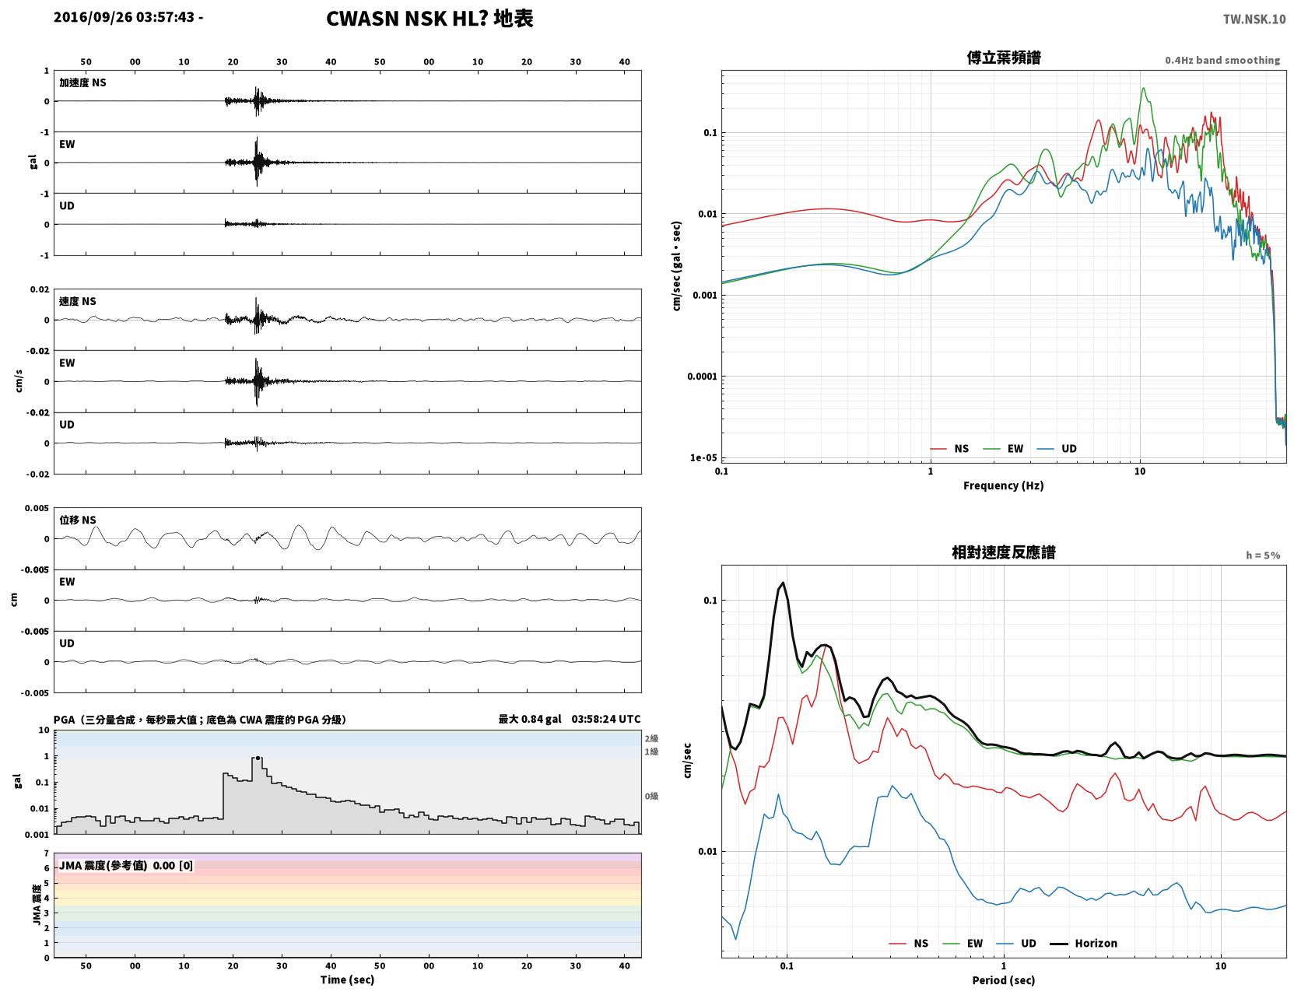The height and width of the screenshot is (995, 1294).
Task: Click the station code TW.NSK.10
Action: pyautogui.click(x=1254, y=19)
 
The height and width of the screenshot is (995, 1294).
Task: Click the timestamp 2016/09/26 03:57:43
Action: pyautogui.click(x=124, y=16)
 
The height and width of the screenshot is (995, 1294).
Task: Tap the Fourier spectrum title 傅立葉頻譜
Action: pyautogui.click(x=1003, y=58)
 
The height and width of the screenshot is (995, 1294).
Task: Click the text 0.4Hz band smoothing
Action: pyautogui.click(x=1222, y=60)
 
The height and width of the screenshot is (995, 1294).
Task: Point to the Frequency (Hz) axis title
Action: pyautogui.click(x=1003, y=485)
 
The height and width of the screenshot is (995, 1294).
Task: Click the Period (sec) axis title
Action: pyautogui.click(x=1003, y=980)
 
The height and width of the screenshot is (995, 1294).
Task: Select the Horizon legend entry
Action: pyautogui.click(x=1083, y=943)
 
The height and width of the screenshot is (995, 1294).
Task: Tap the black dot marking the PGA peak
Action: pyautogui.click(x=258, y=759)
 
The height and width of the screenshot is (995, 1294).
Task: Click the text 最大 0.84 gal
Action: pyautogui.click(x=529, y=719)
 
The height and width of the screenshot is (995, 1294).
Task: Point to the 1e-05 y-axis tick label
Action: pyautogui.click(x=703, y=457)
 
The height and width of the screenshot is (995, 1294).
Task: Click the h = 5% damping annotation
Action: pyautogui.click(x=1262, y=555)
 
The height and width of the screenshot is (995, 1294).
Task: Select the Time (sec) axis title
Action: pyautogui.click(x=347, y=979)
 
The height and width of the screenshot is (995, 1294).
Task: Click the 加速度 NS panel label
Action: pyautogui.click(x=82, y=82)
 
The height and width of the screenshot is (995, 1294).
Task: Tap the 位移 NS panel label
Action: pyautogui.click(x=77, y=520)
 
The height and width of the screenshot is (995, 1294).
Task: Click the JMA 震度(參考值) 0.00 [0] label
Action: pyautogui.click(x=125, y=865)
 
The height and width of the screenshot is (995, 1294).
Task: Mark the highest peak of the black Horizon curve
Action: pyautogui.click(x=783, y=583)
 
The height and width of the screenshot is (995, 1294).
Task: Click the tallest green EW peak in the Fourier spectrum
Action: pyautogui.click(x=1143, y=88)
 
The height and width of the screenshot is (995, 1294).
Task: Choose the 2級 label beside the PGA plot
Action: pyautogui.click(x=651, y=738)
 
